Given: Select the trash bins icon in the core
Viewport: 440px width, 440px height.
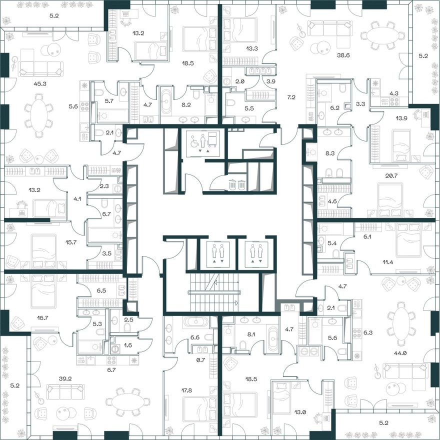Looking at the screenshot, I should tap(237, 184).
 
